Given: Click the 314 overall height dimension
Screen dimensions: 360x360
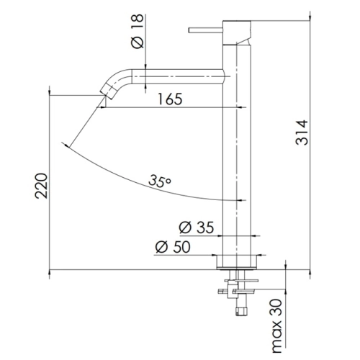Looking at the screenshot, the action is tap(302, 132).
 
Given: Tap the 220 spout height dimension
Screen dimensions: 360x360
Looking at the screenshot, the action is tap(41, 186).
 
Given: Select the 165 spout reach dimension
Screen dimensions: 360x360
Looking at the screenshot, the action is tap(170, 99).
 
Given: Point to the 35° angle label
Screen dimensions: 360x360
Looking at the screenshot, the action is tap(159, 181).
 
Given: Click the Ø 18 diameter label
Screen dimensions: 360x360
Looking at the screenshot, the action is tap(138, 31).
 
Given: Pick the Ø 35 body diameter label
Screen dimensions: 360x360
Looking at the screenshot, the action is tap(197, 228).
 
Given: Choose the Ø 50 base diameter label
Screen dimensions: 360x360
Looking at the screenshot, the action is tap(173, 247).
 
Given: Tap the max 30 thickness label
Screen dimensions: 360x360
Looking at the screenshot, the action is tap(277, 325).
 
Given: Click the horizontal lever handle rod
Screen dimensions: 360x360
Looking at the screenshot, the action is tap(206, 30).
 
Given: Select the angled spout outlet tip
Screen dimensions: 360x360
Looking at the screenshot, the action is tap(107, 91).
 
